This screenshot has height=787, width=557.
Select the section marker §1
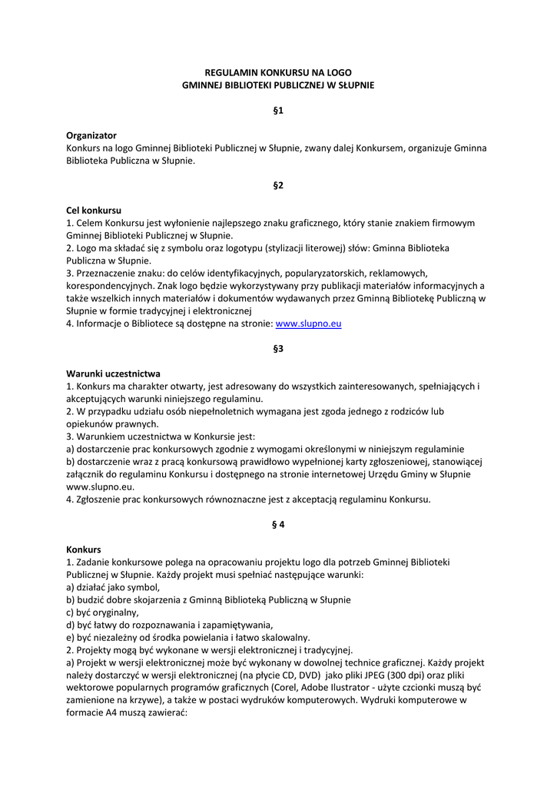[278, 111]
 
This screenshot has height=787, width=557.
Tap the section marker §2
[278, 185]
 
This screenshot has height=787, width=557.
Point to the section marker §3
[278, 348]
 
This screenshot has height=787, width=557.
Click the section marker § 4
[278, 524]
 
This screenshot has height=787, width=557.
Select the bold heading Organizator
[91, 134]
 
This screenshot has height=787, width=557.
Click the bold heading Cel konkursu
[94, 210]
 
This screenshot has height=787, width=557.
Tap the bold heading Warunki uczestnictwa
[113, 373]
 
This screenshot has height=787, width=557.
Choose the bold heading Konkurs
[84, 550]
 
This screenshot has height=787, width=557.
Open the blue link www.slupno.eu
[308, 324]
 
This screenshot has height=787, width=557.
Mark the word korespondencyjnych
[111, 285]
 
